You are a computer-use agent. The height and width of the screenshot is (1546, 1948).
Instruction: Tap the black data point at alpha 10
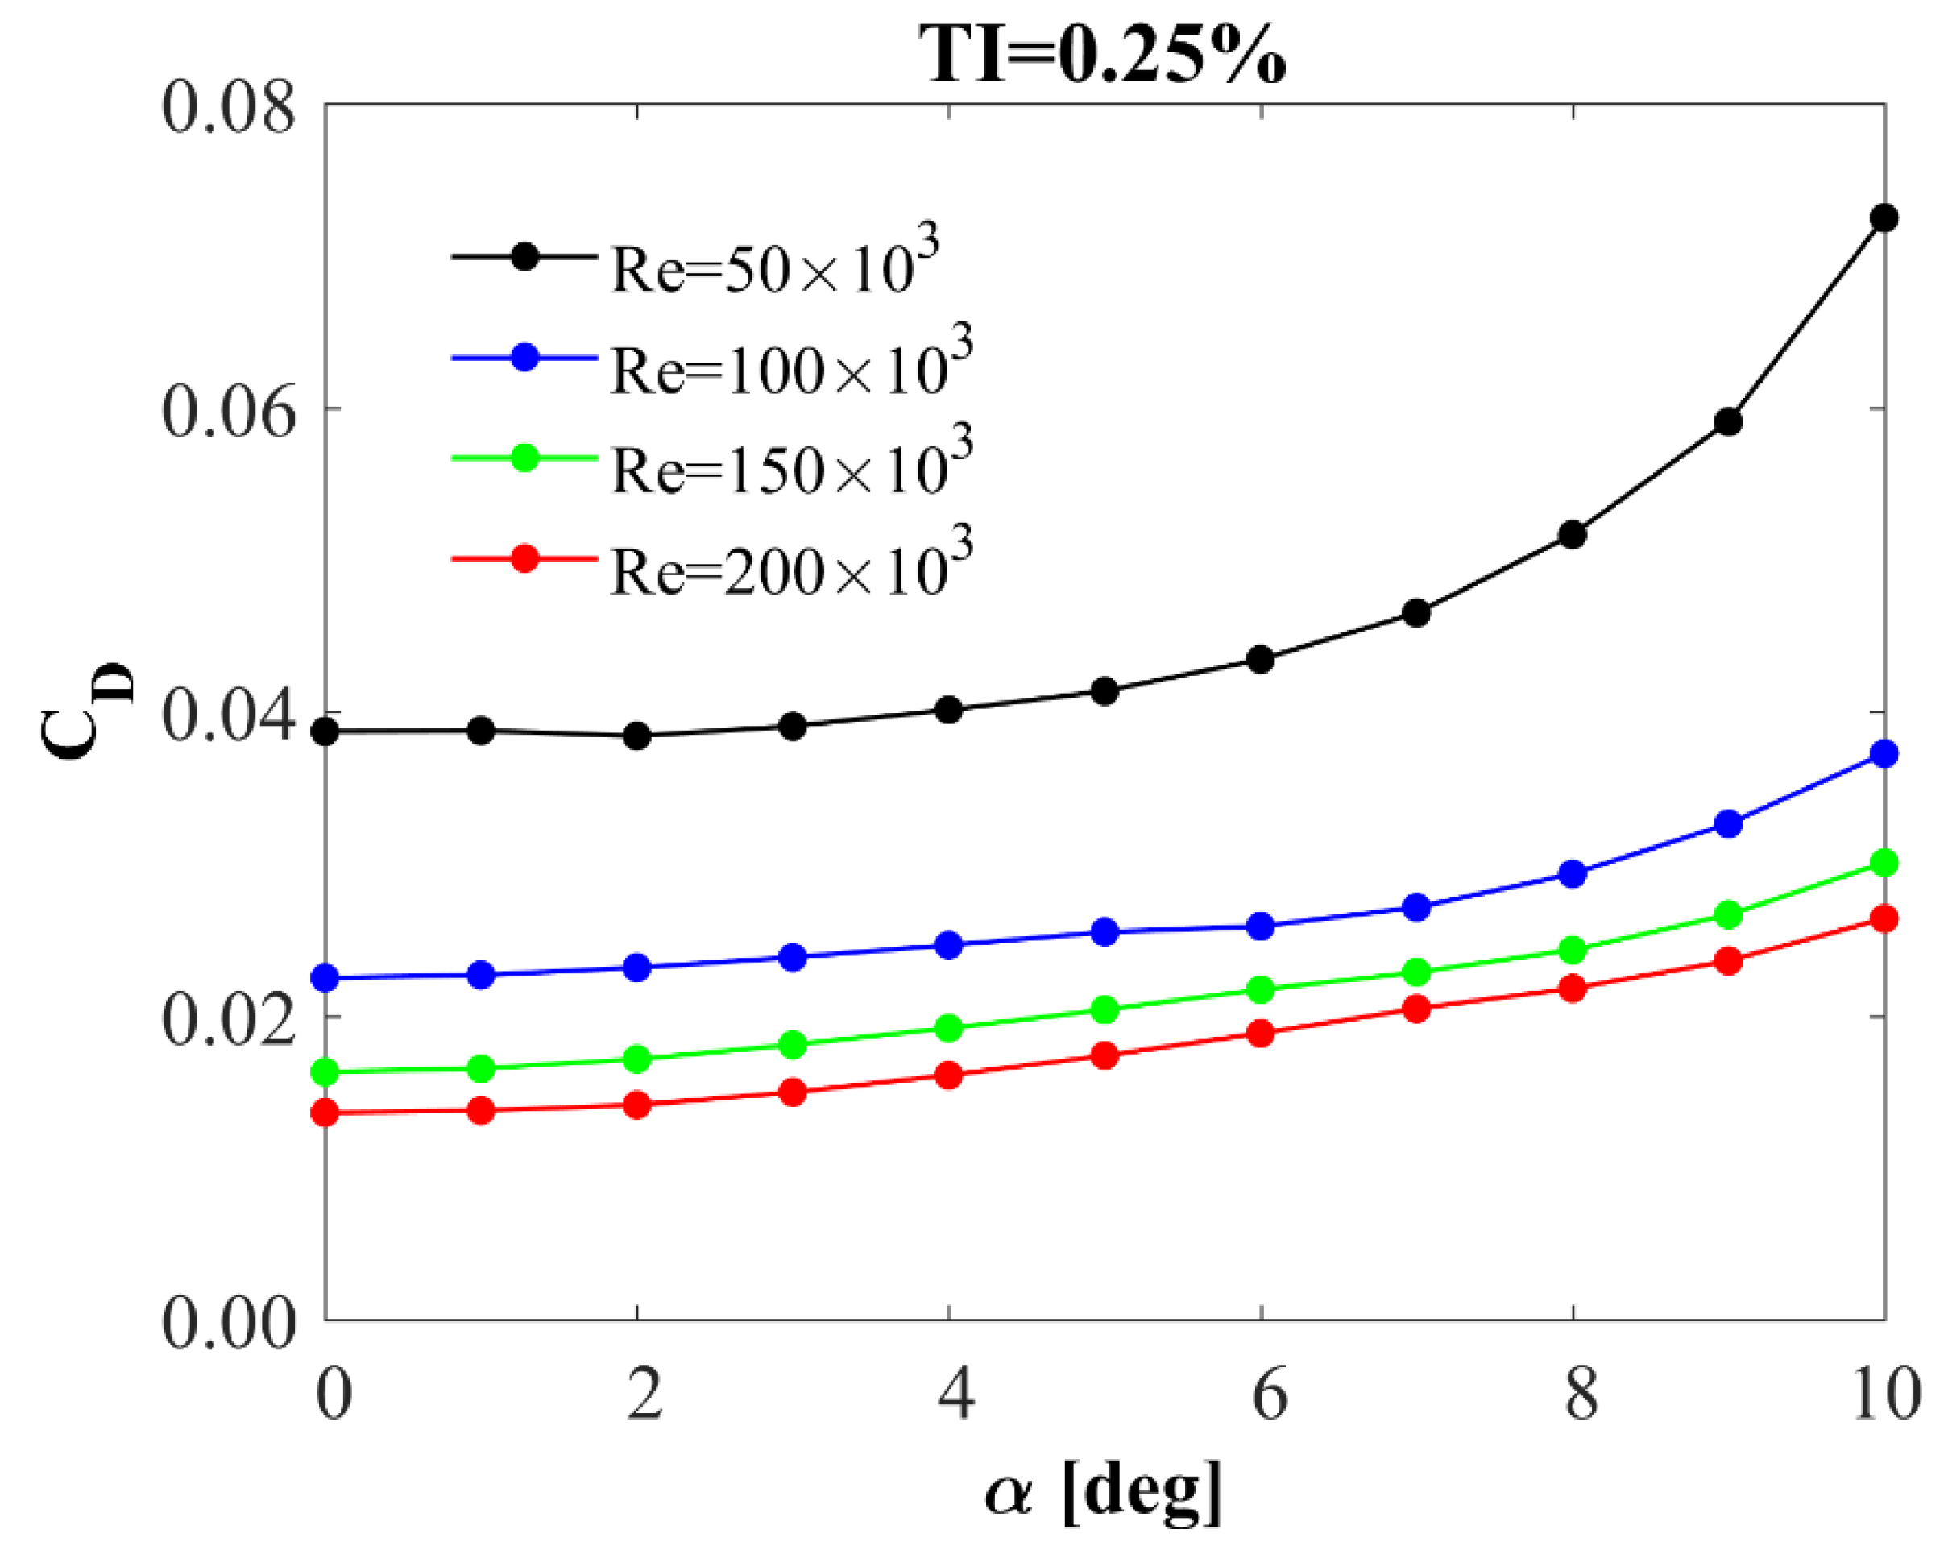pos(1883,218)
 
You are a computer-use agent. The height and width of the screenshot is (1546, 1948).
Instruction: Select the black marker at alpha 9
pos(1727,422)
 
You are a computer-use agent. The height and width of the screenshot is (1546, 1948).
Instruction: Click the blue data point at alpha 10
pos(1883,753)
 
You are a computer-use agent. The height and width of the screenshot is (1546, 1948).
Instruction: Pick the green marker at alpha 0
pos(325,1072)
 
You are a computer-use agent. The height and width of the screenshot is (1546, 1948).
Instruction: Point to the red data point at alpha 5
pos(1104,1055)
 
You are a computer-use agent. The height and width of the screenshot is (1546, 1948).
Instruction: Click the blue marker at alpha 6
pos(1261,926)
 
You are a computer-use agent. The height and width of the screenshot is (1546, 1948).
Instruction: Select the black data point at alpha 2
pos(637,736)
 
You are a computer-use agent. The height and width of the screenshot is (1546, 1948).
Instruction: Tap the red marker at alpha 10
pos(1883,920)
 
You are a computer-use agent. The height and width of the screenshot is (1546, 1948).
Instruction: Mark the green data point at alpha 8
pos(1572,951)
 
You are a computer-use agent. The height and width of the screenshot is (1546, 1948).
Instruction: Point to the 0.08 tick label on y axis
pos(228,106)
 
